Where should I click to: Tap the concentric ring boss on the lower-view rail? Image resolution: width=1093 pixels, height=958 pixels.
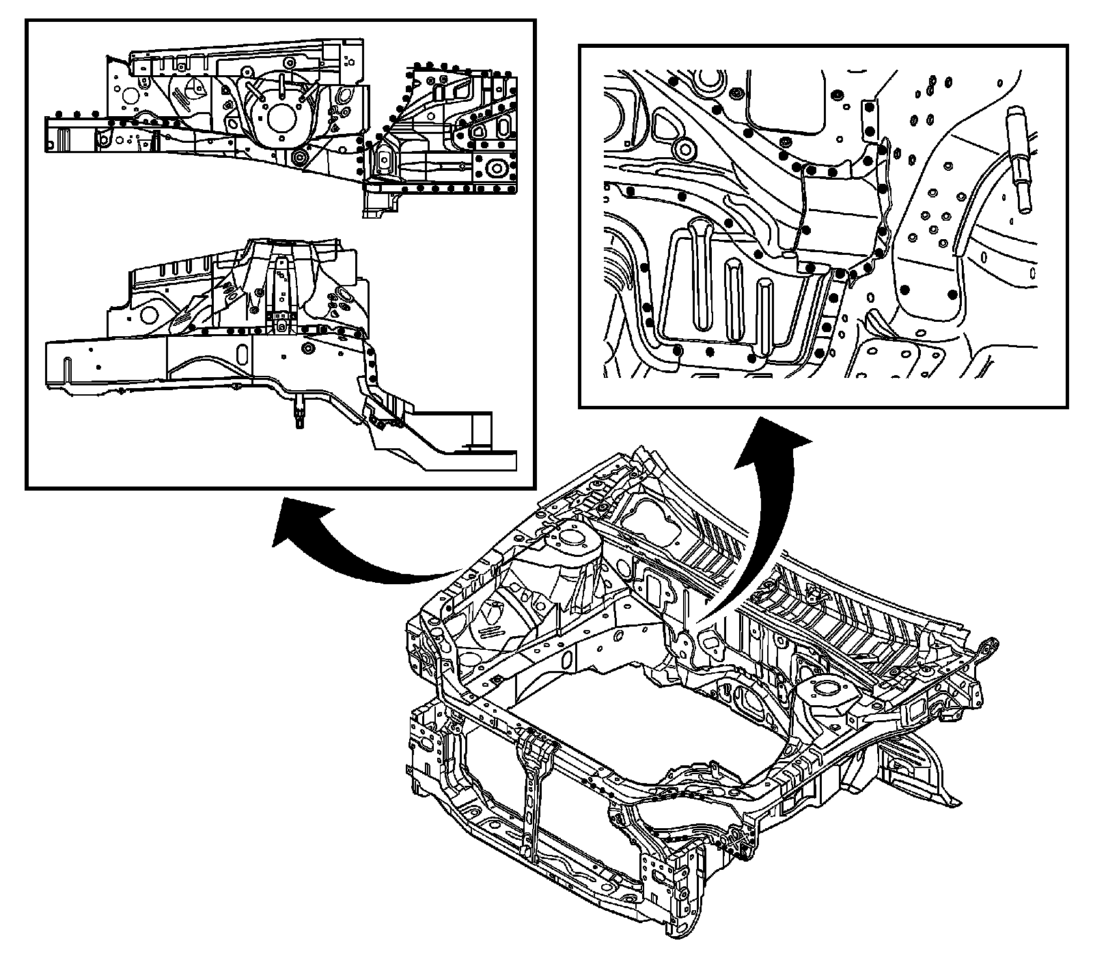(307, 349)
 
